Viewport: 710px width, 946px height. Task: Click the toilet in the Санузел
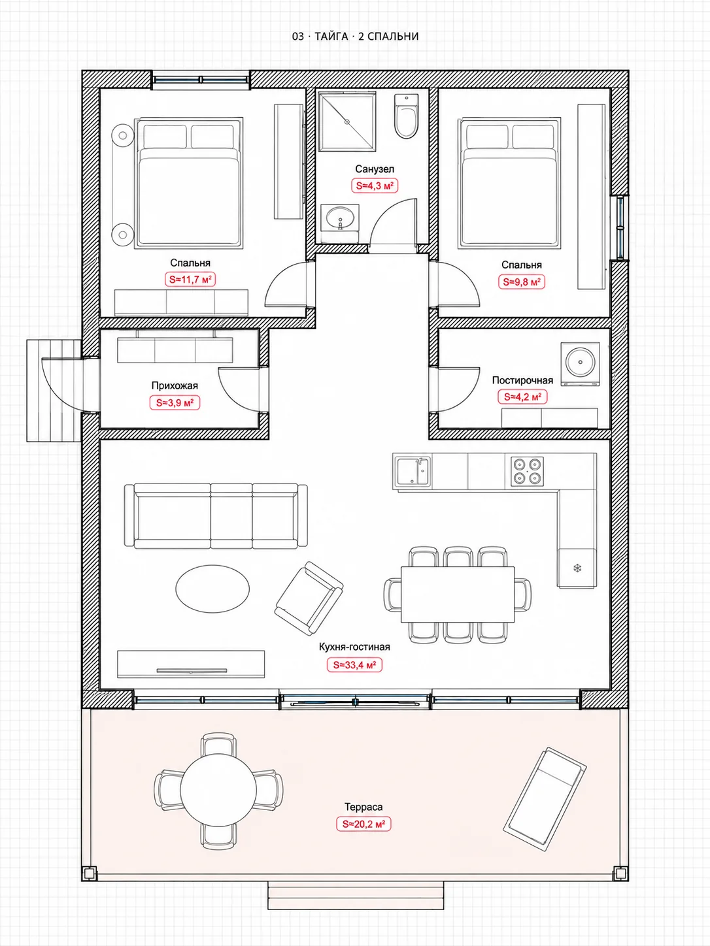click(406, 116)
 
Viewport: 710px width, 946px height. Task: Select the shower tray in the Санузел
click(347, 121)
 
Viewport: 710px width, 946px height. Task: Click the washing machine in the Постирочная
click(580, 364)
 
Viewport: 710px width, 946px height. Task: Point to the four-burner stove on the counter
click(527, 471)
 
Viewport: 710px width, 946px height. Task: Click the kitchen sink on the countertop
click(413, 471)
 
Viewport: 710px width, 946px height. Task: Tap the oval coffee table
click(212, 588)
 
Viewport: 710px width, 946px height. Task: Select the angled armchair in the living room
click(309, 598)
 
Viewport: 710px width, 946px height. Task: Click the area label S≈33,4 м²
click(354, 664)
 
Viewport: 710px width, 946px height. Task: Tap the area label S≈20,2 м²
click(363, 824)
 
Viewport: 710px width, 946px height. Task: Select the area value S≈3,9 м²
click(175, 402)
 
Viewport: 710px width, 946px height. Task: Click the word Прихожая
click(175, 385)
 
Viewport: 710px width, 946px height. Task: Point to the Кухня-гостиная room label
click(354, 647)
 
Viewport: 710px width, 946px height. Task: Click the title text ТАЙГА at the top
click(331, 36)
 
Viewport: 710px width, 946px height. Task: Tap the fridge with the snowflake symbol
click(577, 568)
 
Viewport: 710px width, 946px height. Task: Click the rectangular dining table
click(458, 595)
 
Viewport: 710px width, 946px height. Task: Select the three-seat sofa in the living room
click(216, 516)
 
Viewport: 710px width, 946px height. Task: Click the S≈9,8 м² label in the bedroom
click(522, 282)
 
